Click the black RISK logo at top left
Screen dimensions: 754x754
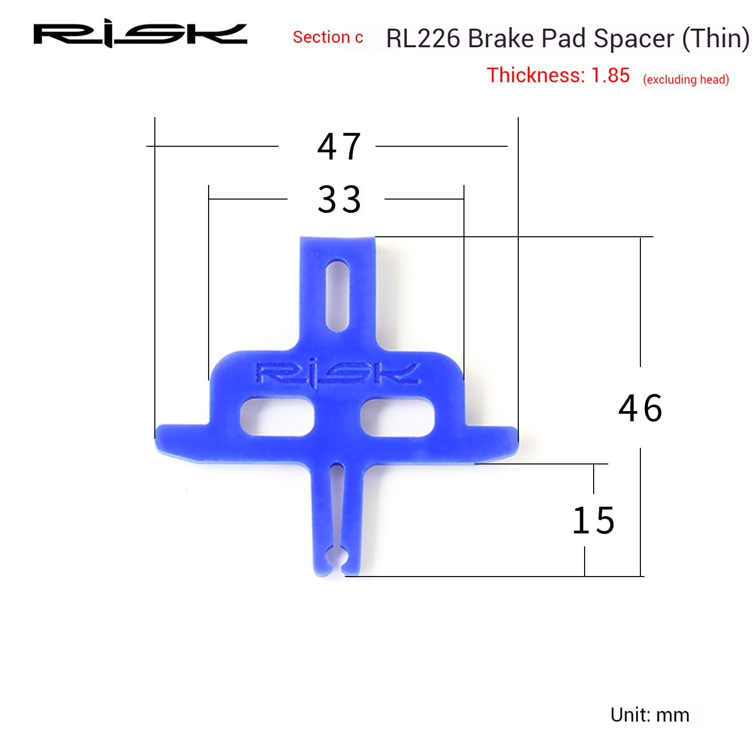[x=140, y=34]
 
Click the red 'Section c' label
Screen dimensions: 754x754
[x=328, y=37]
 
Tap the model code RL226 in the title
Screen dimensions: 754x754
[x=423, y=39]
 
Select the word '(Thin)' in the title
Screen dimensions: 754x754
[x=715, y=39]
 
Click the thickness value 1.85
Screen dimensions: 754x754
[x=610, y=75]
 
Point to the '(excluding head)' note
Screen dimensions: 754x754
[x=686, y=79]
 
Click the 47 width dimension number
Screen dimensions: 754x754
[x=339, y=147]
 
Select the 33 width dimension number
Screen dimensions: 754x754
[x=339, y=200]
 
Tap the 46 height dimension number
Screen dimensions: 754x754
[x=640, y=408]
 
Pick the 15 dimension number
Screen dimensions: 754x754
[x=594, y=521]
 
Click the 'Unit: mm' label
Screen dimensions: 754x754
[x=649, y=715]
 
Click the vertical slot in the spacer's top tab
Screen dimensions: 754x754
[x=337, y=296]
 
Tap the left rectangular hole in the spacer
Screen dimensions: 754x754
[x=277, y=417]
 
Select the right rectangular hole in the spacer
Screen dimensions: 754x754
[x=397, y=417]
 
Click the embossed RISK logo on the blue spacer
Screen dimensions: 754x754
[x=337, y=374]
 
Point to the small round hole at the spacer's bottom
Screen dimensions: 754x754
[x=334, y=558]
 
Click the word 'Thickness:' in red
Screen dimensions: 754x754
[x=536, y=75]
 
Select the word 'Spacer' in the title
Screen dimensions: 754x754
[x=634, y=39]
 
